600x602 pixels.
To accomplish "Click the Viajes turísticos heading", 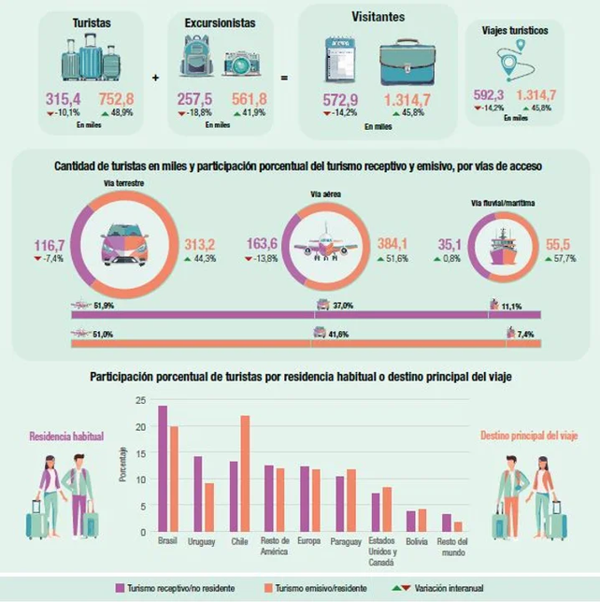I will (x=515, y=30).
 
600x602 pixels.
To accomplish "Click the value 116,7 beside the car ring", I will (x=49, y=245).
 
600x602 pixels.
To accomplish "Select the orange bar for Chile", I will (x=245, y=473).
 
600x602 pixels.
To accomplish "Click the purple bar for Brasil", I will (x=163, y=468).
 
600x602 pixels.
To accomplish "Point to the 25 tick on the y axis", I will (x=140, y=400).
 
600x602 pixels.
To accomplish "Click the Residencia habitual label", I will (x=66, y=436).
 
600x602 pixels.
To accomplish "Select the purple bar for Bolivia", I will (x=410, y=522).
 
